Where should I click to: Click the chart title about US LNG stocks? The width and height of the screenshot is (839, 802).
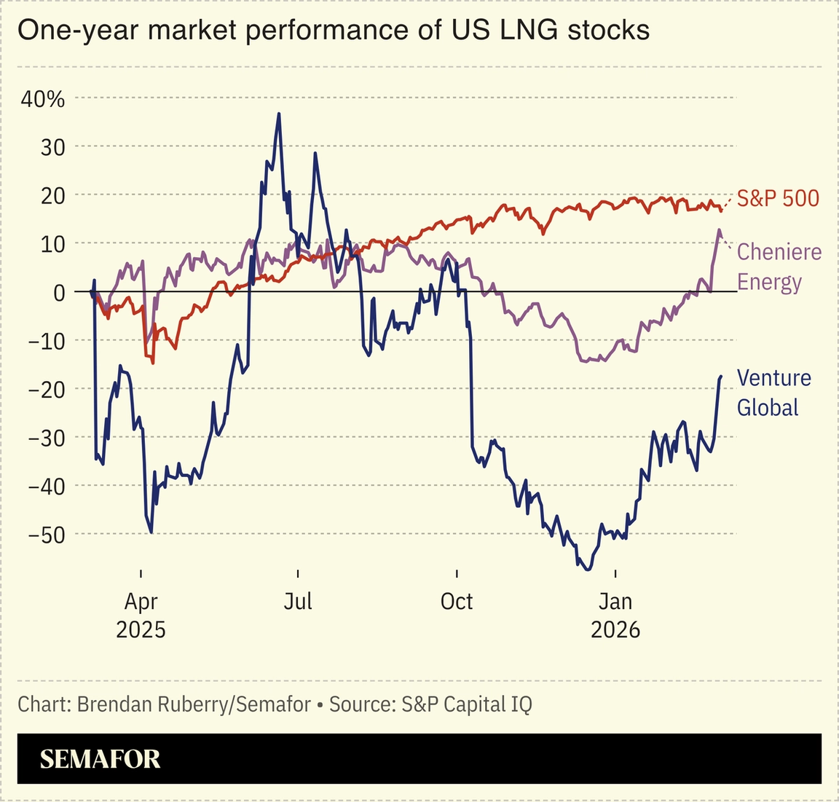[333, 31]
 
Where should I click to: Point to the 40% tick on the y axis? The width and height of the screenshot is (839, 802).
[43, 99]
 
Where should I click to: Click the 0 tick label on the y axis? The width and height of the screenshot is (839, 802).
[58, 292]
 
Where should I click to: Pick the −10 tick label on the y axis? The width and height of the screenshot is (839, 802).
[46, 340]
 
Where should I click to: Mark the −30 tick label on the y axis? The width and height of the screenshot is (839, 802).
[46, 437]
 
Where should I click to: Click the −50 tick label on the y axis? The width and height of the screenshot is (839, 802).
[46, 534]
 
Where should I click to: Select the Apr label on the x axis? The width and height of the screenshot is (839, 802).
[141, 602]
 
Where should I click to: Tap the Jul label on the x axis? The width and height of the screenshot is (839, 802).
[298, 602]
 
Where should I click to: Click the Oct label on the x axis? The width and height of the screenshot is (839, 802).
[457, 602]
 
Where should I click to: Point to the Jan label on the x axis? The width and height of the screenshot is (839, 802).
[615, 602]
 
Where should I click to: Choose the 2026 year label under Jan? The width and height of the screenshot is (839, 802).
[615, 629]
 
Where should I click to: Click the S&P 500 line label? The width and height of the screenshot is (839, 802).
[778, 198]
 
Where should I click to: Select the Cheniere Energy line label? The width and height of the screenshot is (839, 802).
[779, 267]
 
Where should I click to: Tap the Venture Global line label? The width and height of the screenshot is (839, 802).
[773, 393]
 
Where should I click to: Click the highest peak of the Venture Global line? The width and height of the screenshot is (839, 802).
[279, 114]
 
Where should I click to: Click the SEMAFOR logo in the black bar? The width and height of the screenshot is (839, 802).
[100, 759]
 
